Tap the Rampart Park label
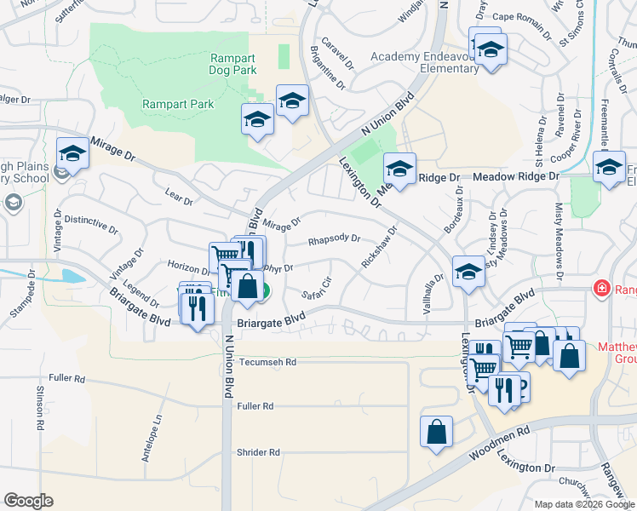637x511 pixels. (177, 104)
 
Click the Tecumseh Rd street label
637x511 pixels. (267, 362)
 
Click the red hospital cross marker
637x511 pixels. (603, 289)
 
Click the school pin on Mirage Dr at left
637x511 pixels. (73, 154)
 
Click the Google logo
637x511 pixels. (28, 501)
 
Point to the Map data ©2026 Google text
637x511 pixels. (584, 504)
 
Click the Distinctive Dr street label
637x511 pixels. (91, 224)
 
